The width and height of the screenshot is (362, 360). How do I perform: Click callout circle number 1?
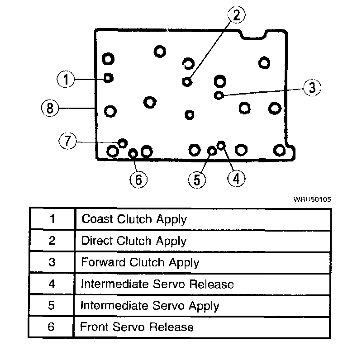[66, 80]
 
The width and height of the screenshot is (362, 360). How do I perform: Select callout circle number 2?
[236, 15]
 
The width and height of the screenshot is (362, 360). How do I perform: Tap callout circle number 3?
[312, 87]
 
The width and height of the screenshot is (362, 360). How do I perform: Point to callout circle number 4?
[236, 179]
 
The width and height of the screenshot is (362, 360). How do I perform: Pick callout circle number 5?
[196, 180]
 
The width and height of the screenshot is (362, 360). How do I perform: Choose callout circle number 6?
[138, 180]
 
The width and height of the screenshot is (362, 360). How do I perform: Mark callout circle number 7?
[67, 141]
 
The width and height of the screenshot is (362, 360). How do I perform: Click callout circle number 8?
[49, 108]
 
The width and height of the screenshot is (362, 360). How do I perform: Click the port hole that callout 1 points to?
[108, 78]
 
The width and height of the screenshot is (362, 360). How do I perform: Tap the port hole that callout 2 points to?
[187, 81]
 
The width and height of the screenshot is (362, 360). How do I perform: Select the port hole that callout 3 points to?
[219, 95]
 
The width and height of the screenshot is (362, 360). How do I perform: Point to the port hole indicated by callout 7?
[122, 143]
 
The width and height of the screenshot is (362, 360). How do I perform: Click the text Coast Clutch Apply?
[134, 219]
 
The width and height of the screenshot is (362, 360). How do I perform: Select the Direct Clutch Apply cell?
[133, 241]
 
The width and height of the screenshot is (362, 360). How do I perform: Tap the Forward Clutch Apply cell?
[140, 262]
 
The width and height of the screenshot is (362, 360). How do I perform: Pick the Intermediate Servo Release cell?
[157, 284]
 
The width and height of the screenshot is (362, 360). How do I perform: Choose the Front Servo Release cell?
[137, 327]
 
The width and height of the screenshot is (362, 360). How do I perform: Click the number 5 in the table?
[52, 305]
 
